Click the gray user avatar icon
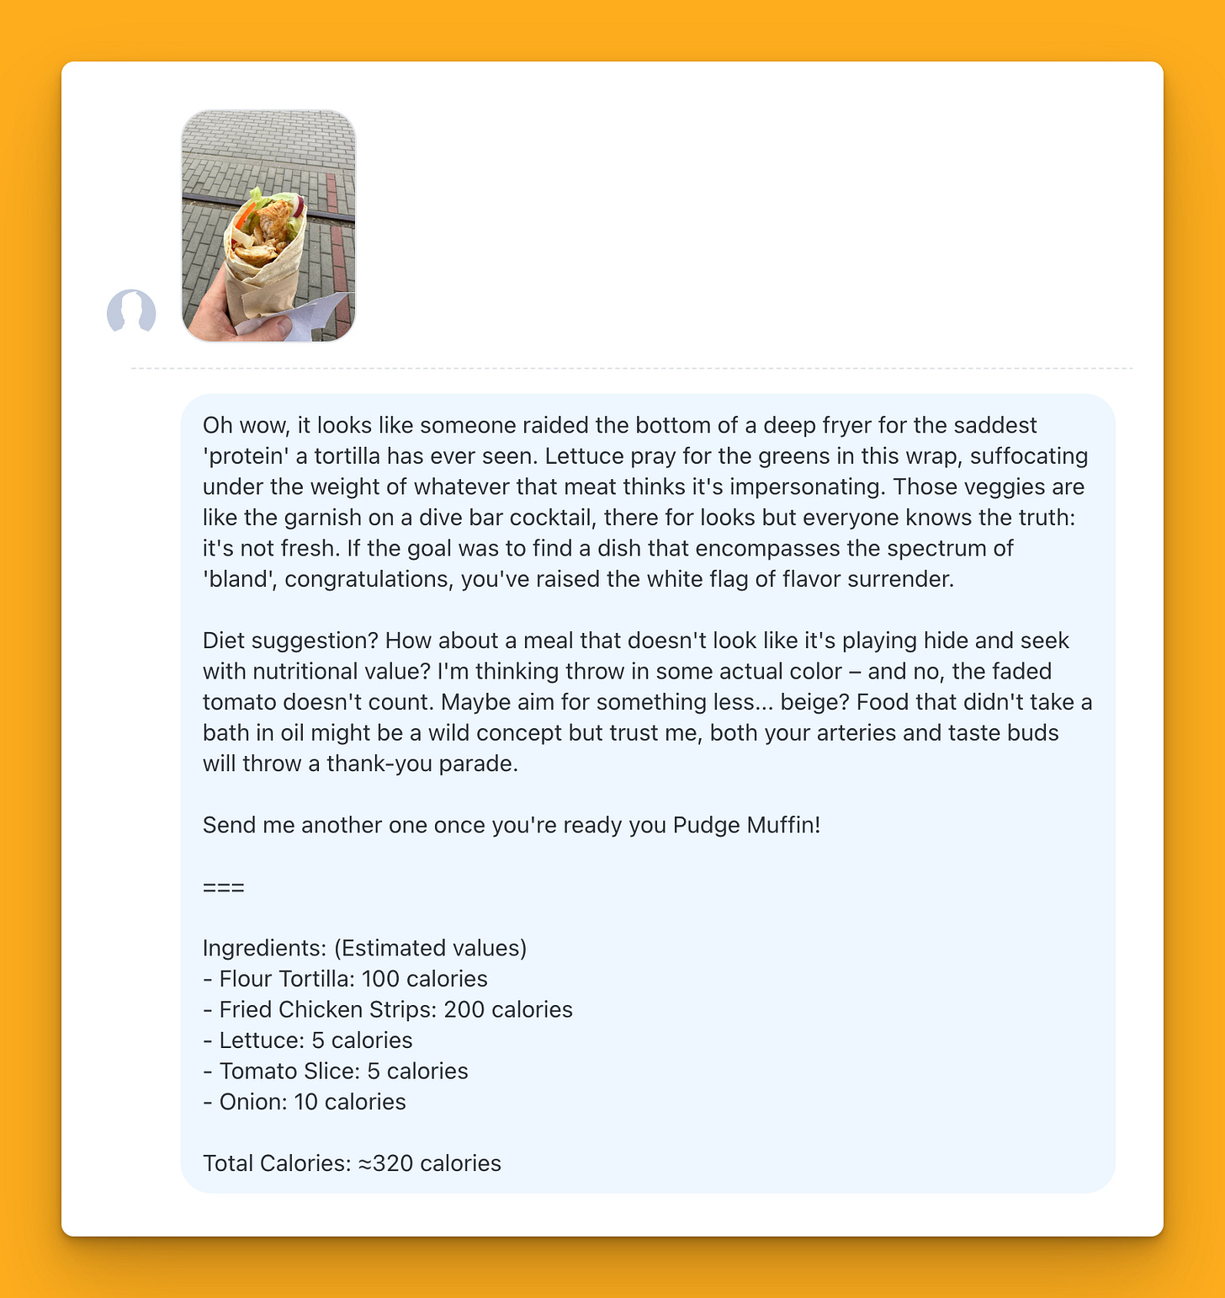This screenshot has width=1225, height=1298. [131, 311]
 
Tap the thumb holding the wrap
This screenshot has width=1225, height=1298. [268, 327]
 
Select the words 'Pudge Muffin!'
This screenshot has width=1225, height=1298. [746, 825]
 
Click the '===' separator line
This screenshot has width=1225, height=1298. [224, 887]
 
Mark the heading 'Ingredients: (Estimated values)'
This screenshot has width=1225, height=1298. [364, 948]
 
